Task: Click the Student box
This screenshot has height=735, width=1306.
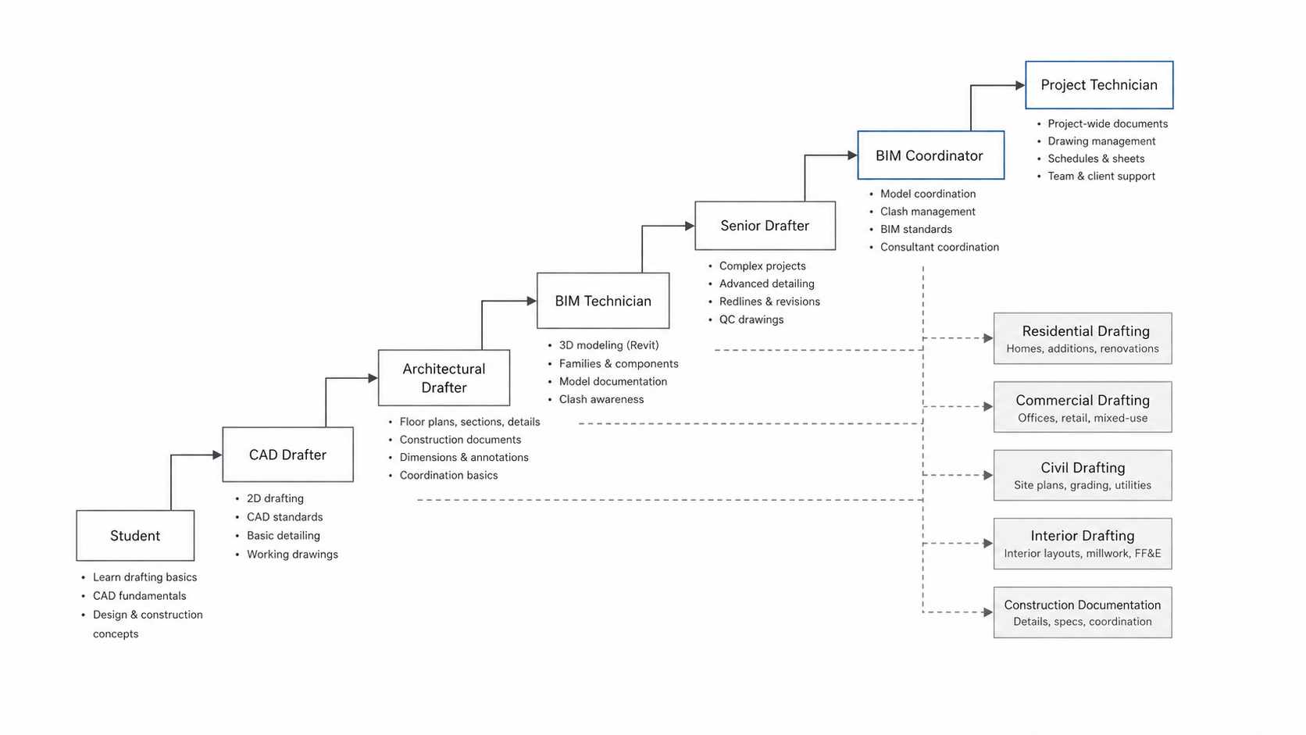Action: pyautogui.click(x=135, y=536)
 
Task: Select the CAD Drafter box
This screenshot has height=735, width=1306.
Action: pyautogui.click(x=287, y=455)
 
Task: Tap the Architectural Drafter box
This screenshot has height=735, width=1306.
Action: pyautogui.click(x=444, y=378)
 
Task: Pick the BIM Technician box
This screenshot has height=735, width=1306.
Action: pyautogui.click(x=603, y=301)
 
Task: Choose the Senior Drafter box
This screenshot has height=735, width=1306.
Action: pyautogui.click(x=765, y=226)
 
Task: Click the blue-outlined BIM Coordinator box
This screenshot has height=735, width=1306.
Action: pyautogui.click(x=930, y=155)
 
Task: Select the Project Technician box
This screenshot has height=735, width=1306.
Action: pyautogui.click(x=1099, y=85)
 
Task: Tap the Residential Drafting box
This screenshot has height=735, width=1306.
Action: pyautogui.click(x=1083, y=339)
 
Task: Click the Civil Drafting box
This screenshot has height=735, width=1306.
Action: pyautogui.click(x=1083, y=475)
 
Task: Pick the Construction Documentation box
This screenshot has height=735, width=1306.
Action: pyautogui.click(x=1083, y=612)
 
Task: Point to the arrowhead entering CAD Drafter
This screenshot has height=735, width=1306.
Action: pyautogui.click(x=217, y=455)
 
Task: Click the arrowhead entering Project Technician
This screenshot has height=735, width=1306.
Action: pyautogui.click(x=1020, y=85)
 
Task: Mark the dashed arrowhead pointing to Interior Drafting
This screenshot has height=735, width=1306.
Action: pyautogui.click(x=988, y=543)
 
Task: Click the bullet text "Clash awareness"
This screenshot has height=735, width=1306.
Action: pyautogui.click(x=601, y=399)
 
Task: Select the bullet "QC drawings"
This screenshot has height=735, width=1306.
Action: pyautogui.click(x=751, y=319)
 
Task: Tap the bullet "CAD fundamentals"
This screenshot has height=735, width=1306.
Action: pyautogui.click(x=139, y=596)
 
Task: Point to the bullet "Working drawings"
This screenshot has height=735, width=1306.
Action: pyautogui.click(x=292, y=555)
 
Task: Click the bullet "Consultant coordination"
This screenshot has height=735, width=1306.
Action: pyautogui.click(x=939, y=247)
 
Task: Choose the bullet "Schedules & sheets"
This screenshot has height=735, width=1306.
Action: pyautogui.click(x=1096, y=159)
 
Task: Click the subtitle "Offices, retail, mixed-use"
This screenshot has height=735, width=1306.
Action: pyautogui.click(x=1083, y=418)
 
